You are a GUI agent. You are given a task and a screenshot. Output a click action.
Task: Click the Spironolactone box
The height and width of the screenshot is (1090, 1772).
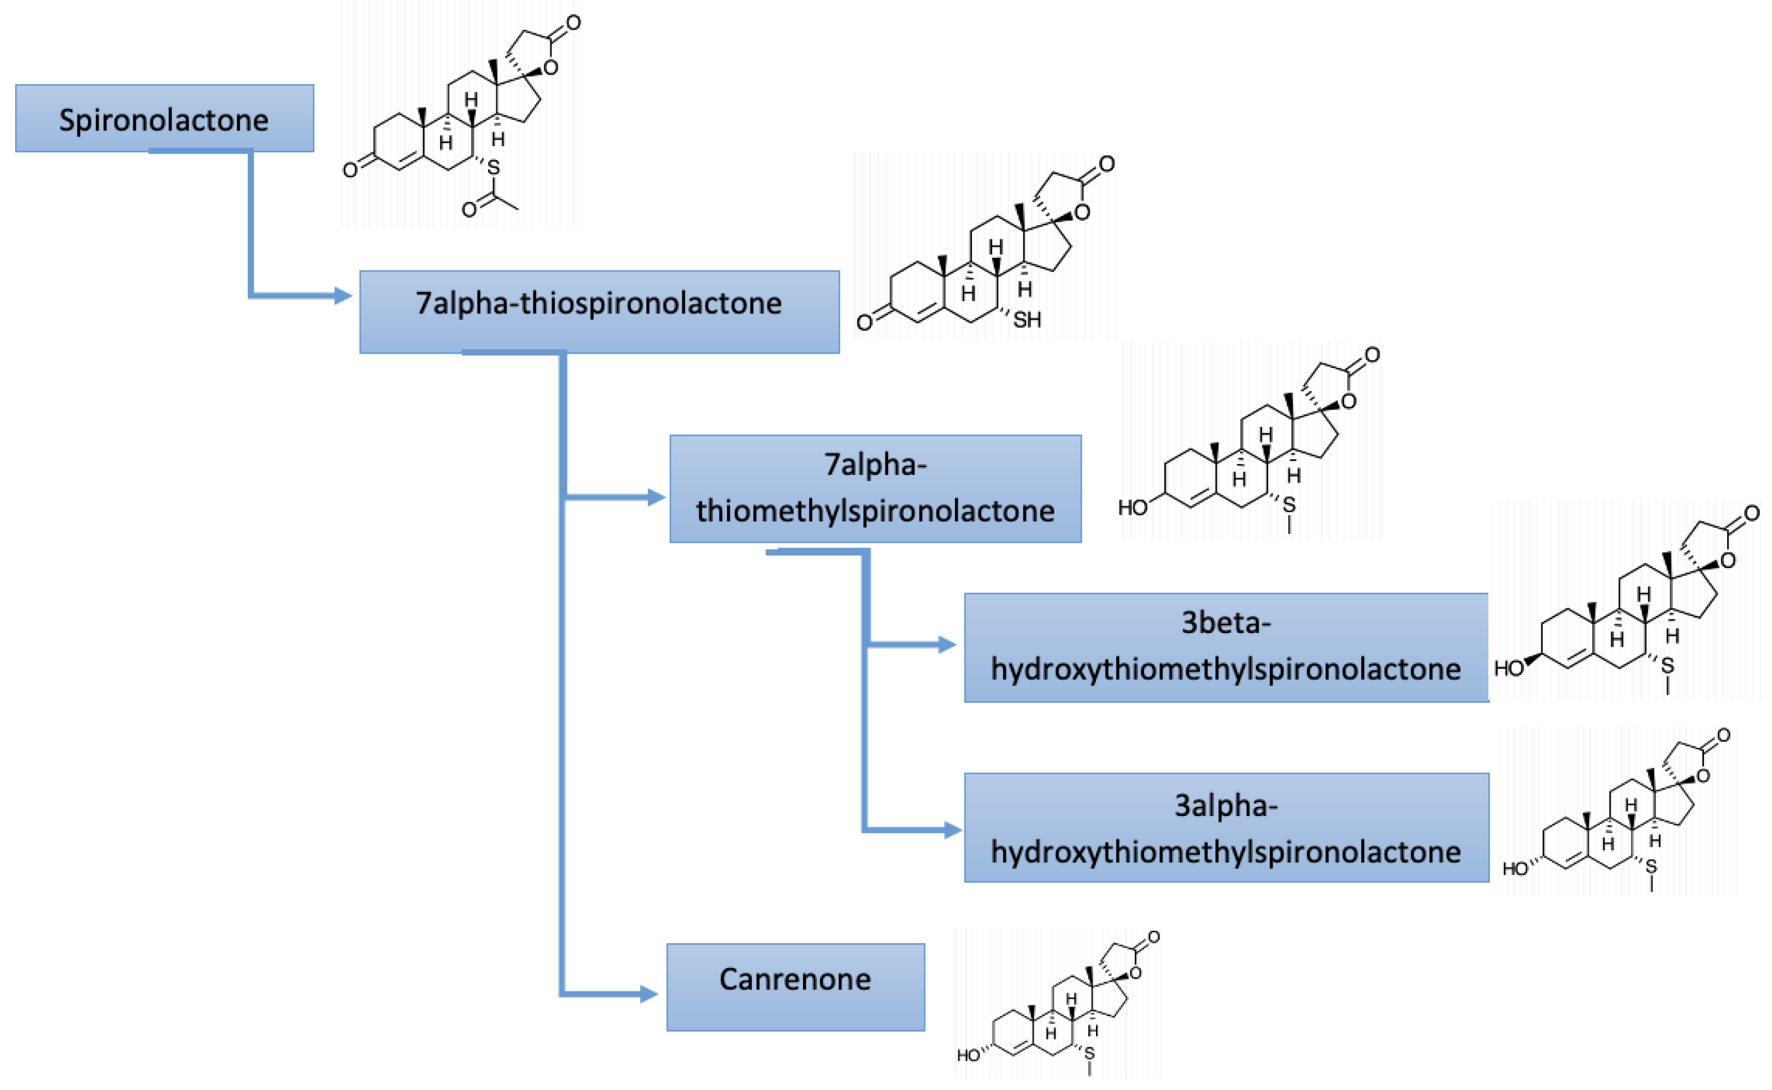pos(164,118)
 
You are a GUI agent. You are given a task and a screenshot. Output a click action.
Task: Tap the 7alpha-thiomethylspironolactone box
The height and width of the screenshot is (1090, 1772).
pos(875,488)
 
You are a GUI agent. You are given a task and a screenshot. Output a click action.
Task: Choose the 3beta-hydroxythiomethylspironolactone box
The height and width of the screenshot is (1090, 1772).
pos(1225,647)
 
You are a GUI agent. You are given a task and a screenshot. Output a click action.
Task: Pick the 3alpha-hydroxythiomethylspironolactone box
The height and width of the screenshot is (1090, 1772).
pos(1225,827)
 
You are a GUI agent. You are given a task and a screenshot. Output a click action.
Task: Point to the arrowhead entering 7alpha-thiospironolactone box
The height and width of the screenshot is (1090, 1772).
pos(343,295)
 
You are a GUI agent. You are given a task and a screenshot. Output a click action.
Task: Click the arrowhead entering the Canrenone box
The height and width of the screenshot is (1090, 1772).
pos(648,994)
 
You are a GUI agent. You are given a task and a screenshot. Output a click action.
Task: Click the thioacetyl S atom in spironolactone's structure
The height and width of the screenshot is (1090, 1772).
pos(493,168)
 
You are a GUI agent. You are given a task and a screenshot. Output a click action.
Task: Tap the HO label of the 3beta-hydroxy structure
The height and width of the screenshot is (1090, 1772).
pos(1508,668)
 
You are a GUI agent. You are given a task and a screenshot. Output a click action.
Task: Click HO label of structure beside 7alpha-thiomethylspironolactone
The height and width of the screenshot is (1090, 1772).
pos(1132,508)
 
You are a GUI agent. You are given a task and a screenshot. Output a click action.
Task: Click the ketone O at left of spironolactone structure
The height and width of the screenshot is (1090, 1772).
pos(350,170)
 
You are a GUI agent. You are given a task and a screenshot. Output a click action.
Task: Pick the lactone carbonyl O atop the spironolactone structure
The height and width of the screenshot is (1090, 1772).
pos(573,22)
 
